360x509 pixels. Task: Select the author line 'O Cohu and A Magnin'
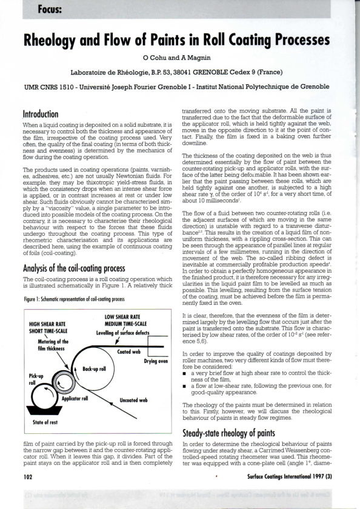pos(180,59)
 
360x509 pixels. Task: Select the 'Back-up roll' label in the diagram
pos(94,368)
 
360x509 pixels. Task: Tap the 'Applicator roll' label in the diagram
pos(76,399)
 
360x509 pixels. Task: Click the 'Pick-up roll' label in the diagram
pos(36,379)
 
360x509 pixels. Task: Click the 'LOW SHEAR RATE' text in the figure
pos(123,316)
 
